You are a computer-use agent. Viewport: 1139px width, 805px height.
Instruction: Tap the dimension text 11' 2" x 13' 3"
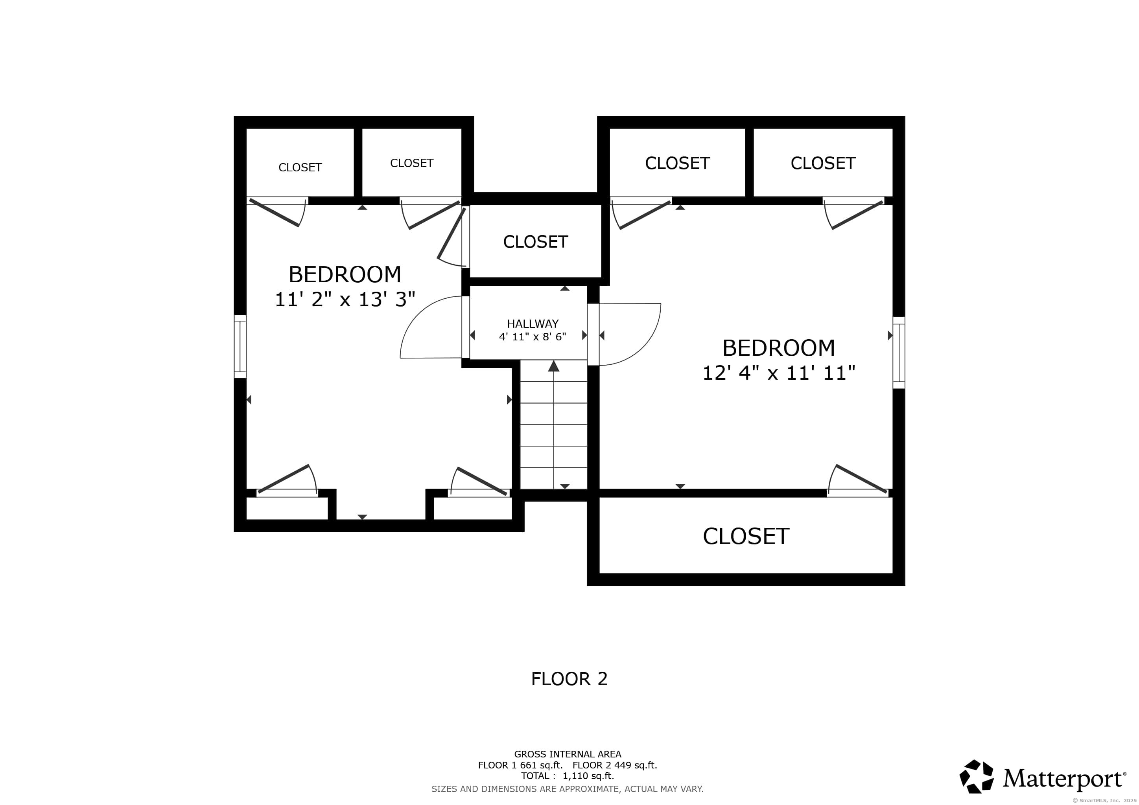345,300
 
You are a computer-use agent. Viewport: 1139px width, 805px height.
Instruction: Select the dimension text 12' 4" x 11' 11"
779,373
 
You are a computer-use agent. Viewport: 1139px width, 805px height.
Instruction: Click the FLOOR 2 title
569,678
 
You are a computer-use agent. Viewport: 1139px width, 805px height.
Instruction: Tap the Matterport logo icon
976,776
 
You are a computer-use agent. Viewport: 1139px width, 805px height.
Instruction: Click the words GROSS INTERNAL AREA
568,754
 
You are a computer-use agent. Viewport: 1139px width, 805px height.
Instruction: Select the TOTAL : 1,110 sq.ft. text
568,776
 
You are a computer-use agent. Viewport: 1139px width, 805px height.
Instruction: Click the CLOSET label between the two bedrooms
535,242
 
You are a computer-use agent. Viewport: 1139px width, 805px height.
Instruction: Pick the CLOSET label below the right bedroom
746,536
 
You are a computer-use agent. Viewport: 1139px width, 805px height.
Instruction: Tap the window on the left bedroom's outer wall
240,346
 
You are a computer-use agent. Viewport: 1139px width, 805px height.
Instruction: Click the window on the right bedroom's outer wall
899,353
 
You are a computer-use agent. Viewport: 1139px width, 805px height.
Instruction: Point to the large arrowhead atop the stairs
554,366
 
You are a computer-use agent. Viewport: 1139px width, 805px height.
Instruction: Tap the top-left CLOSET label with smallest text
300,167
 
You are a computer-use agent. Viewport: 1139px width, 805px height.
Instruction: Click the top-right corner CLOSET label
823,163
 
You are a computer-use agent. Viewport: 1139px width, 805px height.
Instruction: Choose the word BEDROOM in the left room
345,274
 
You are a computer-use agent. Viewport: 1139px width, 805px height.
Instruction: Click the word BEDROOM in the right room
779,348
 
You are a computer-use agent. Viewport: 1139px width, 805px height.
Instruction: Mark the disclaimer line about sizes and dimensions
568,788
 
